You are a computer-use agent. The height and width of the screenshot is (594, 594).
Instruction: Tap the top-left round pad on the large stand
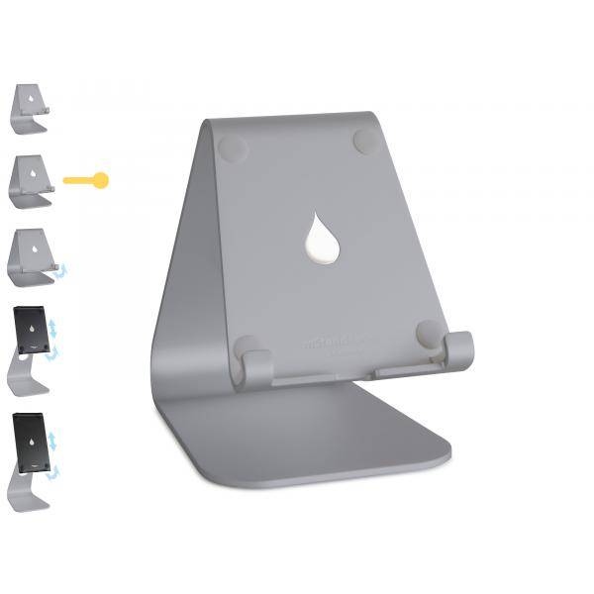pos(232,148)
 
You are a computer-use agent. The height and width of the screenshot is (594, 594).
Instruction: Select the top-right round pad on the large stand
pos(366,141)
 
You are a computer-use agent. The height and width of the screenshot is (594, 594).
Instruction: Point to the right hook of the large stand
pos(458,350)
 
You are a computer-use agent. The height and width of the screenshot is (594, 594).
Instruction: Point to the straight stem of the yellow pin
pos(77,180)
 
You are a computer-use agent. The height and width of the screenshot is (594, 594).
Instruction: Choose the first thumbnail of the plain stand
pos(30,108)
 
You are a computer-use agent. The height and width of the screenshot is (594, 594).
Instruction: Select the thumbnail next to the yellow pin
pos(31,180)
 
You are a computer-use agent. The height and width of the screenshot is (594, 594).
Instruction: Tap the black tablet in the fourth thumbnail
pos(31,330)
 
